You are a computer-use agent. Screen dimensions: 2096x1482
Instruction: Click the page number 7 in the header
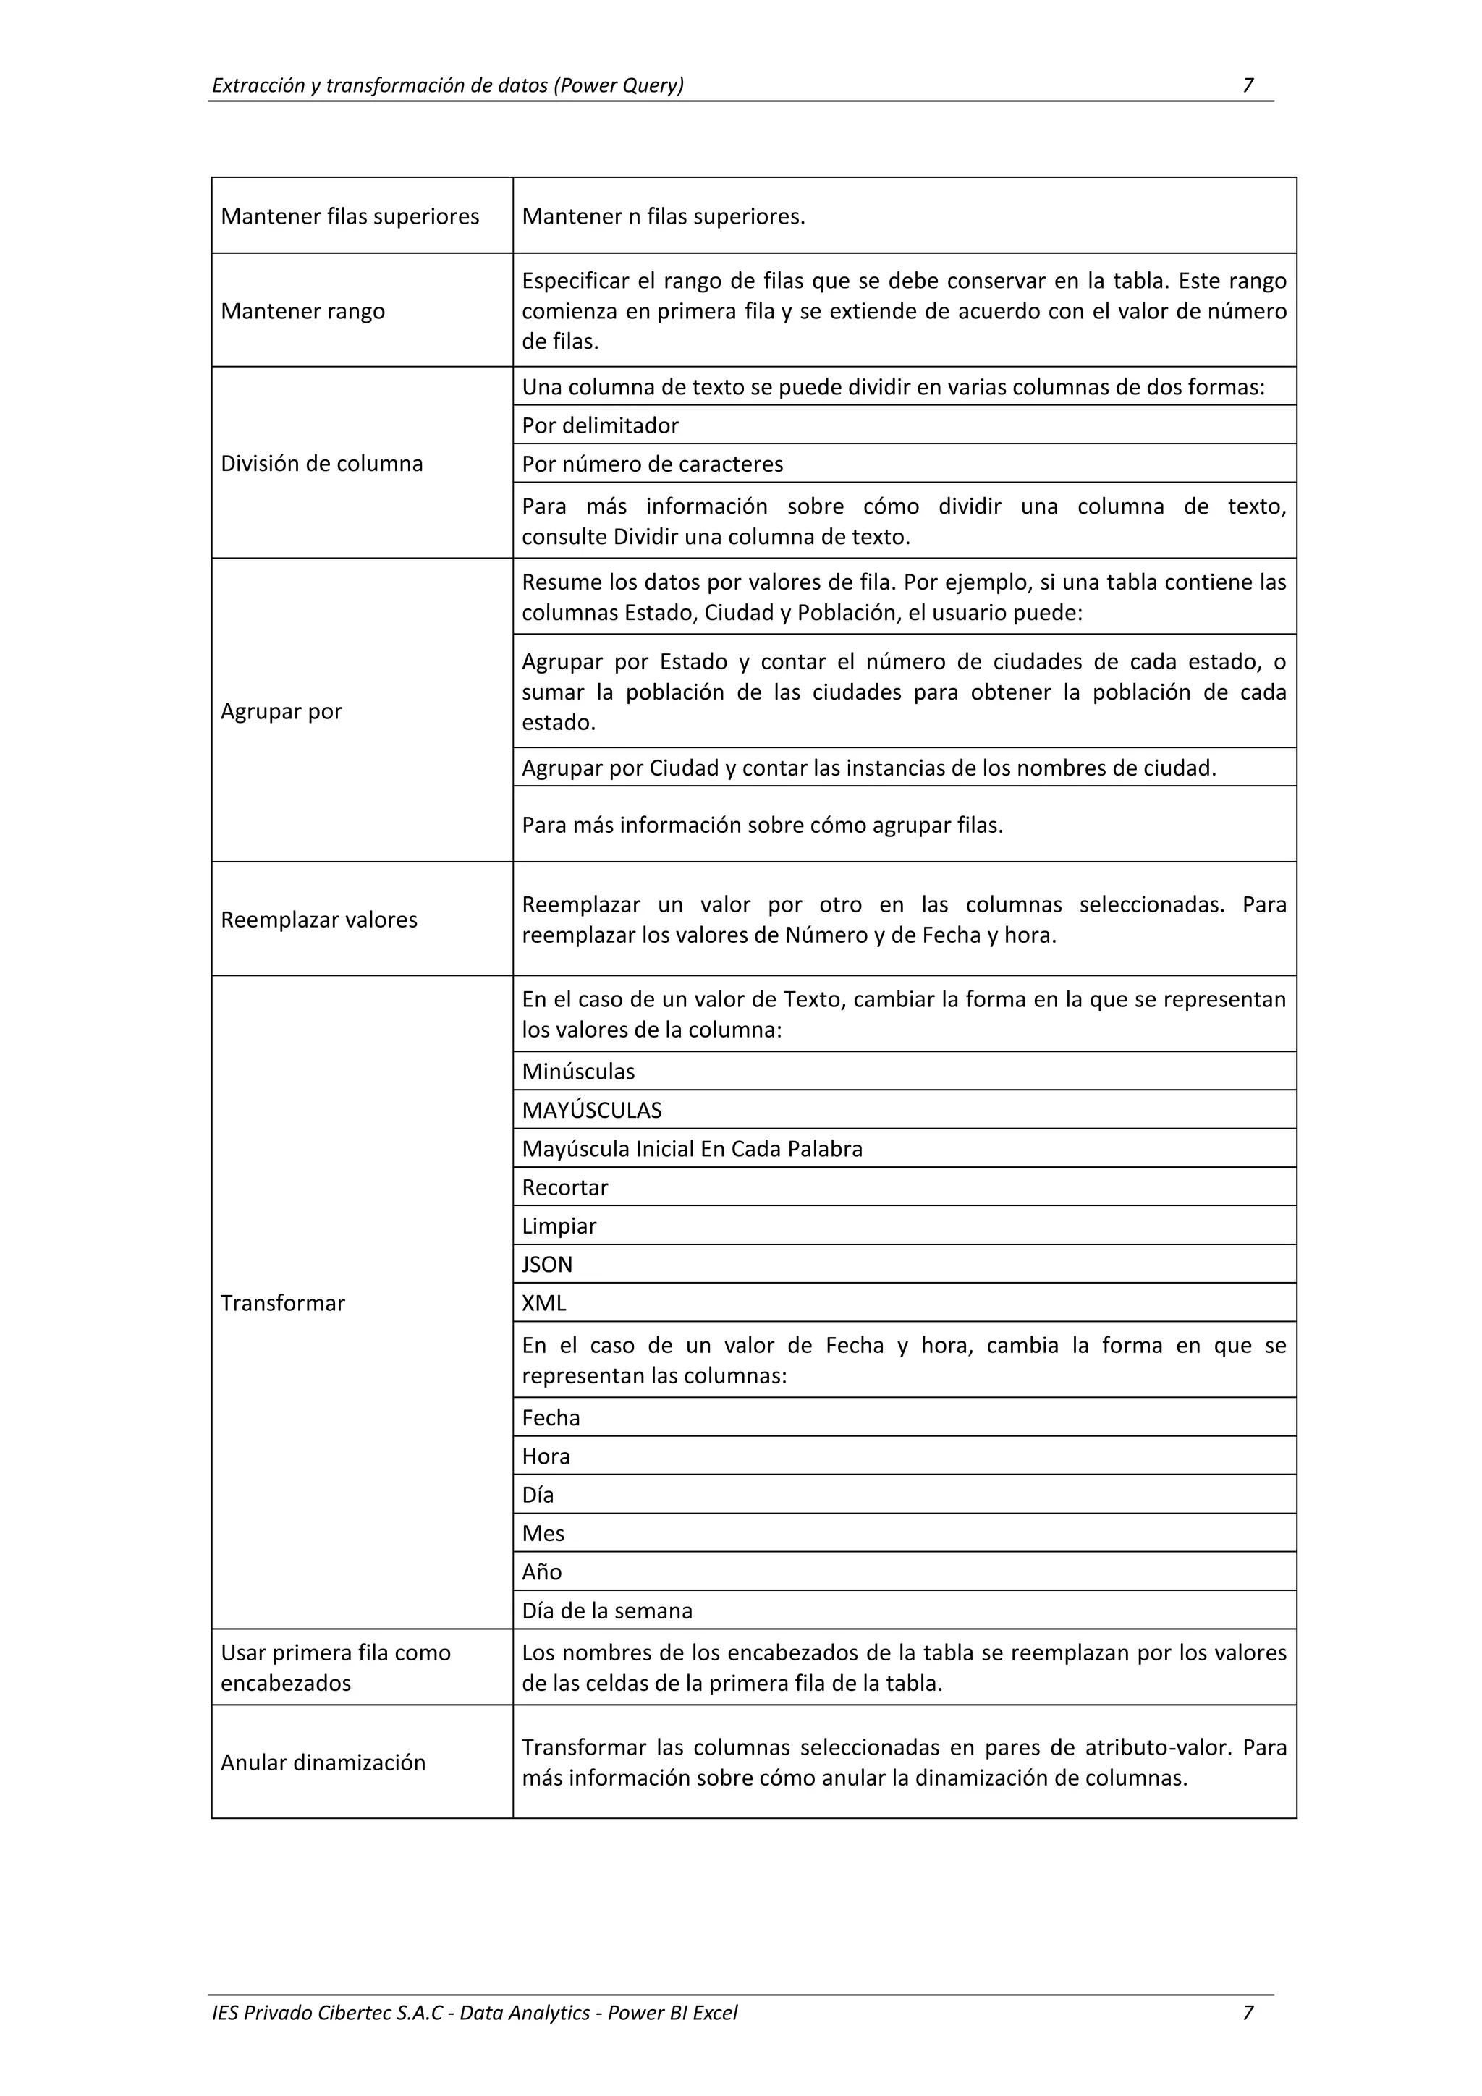tap(1248, 86)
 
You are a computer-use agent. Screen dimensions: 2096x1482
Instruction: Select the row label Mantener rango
tap(302, 311)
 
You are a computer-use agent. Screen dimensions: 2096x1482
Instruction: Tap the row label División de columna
tap(321, 464)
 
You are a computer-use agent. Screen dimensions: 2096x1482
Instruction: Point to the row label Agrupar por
tap(281, 711)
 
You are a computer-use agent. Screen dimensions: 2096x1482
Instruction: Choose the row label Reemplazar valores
tap(318, 920)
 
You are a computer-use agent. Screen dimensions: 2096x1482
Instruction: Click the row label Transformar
tap(282, 1303)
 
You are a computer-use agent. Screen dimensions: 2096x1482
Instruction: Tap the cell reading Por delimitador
tap(600, 425)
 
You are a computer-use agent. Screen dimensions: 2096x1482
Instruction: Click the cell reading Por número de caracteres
tap(652, 464)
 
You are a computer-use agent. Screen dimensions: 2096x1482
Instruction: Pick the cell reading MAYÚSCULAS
tap(592, 1110)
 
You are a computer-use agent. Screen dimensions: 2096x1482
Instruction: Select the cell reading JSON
tap(547, 1265)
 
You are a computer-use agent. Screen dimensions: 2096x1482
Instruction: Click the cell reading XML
tap(543, 1303)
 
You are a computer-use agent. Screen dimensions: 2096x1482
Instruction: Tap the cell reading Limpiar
tap(559, 1226)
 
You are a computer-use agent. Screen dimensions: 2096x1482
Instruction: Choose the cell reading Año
tap(541, 1572)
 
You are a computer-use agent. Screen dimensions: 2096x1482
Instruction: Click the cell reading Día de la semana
tap(606, 1611)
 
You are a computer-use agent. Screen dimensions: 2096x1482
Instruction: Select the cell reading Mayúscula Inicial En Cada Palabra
tap(691, 1148)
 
